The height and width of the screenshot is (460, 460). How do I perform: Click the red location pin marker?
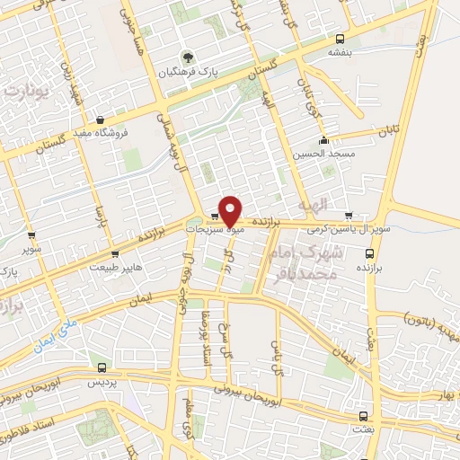click(230, 209)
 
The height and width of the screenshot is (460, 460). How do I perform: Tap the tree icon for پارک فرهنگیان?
click(186, 56)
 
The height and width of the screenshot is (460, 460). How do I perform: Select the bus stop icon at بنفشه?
click(340, 39)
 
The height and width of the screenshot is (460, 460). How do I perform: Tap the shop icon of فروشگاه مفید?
click(100, 119)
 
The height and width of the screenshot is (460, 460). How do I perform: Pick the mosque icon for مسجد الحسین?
click(323, 140)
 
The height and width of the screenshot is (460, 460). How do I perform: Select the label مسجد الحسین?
click(320, 154)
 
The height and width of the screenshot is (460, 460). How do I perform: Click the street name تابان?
click(387, 131)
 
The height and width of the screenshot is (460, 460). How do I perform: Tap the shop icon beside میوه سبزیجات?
click(215, 217)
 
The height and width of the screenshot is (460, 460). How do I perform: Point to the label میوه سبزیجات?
click(213, 230)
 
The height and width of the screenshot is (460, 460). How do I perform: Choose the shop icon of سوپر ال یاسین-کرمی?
click(349, 217)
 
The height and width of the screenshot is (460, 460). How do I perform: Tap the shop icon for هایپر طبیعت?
click(113, 254)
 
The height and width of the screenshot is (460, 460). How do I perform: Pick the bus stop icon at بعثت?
click(363, 416)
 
